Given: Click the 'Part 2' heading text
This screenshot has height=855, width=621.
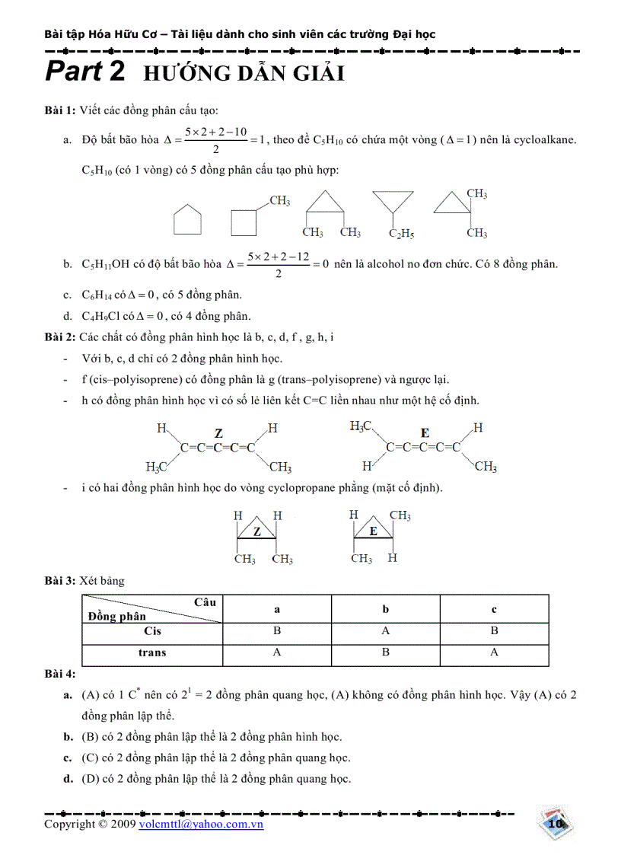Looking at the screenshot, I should point(84,72).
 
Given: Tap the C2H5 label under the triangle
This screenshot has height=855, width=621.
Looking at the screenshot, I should point(401,234).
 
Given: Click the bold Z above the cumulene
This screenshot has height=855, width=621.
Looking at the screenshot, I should point(218,433).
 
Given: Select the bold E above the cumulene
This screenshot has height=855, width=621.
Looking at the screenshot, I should point(425,432).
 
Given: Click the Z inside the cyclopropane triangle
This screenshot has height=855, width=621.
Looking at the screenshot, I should point(257,531).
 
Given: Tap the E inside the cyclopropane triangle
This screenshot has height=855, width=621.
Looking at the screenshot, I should point(374,531).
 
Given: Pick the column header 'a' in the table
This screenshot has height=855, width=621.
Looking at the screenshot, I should point(277,609).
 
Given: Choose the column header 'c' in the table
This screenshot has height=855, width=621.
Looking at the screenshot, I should point(494,609).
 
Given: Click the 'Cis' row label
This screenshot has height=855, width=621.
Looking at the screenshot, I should point(152,631).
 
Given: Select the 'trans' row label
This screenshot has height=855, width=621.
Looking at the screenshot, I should point(152,652).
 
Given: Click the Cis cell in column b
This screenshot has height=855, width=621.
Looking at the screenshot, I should point(386,631).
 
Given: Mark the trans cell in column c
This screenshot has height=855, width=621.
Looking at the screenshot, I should point(494,652).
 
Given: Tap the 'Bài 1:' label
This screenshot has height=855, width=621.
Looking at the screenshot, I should point(59,111).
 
